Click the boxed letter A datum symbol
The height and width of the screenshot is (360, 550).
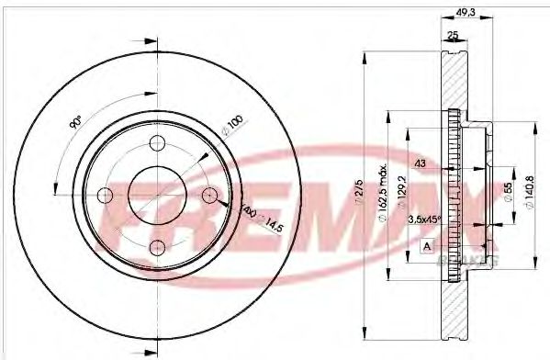click(x=427, y=245)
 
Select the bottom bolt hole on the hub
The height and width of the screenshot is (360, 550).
click(x=156, y=246)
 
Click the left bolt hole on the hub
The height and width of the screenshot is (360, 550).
click(x=105, y=195)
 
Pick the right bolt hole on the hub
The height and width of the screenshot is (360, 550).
click(x=208, y=195)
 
